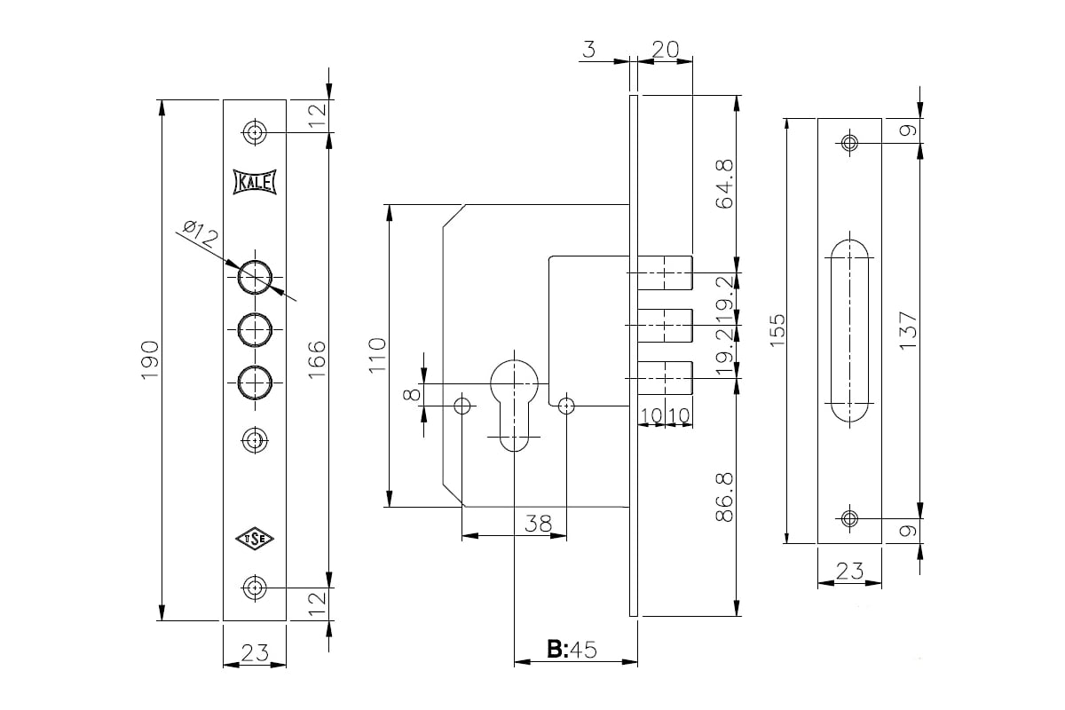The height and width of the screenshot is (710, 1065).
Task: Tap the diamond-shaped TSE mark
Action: click(x=255, y=538)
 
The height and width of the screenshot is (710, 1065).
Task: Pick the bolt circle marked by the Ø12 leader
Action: click(x=255, y=277)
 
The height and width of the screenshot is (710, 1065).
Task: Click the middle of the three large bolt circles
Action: click(x=255, y=329)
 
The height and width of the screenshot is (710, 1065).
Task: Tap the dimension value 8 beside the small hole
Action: click(x=411, y=393)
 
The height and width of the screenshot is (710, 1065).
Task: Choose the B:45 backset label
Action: click(x=570, y=650)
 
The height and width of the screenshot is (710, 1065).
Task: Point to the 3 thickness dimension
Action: click(x=588, y=50)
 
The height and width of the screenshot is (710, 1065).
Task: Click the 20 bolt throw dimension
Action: click(x=665, y=50)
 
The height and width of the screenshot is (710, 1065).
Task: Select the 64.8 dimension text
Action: click(x=723, y=183)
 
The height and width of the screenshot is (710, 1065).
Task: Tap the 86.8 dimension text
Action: click(x=723, y=497)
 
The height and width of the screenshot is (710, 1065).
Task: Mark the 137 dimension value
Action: click(x=907, y=330)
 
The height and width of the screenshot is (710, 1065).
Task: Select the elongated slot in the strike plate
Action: click(x=849, y=330)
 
